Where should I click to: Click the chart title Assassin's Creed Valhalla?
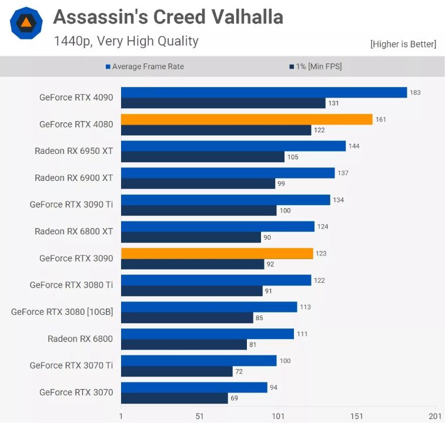click(168, 18)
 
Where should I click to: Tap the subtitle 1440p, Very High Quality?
click(126, 41)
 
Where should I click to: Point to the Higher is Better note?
click(403, 44)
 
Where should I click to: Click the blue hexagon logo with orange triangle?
click(26, 23)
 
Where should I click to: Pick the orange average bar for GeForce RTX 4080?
click(246, 119)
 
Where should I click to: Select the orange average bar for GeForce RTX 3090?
click(217, 253)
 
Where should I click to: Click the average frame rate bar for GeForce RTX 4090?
click(264, 92)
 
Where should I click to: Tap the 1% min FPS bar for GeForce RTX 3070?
click(174, 398)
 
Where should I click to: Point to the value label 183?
click(416, 92)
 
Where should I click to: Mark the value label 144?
click(354, 146)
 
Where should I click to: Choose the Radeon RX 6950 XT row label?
click(73, 151)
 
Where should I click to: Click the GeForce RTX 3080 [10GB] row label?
click(62, 312)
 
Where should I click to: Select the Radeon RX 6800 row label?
click(80, 339)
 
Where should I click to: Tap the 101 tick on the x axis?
click(278, 415)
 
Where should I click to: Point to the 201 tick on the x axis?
click(435, 415)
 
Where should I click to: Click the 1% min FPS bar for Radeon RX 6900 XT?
click(198, 184)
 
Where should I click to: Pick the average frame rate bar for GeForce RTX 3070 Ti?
click(199, 360)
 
